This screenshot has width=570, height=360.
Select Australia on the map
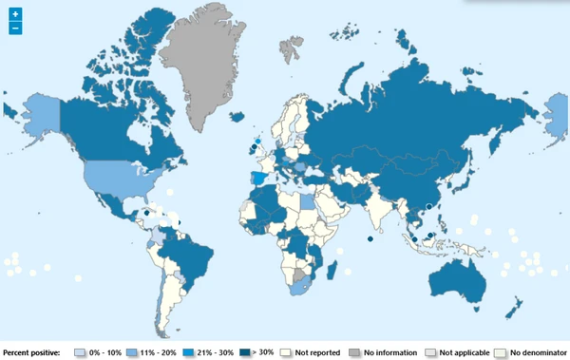tap(460, 275)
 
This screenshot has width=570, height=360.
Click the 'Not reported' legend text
tap(315, 352)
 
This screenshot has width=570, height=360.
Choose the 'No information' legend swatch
tap(353, 352)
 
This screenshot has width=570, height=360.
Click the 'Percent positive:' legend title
tap(31, 352)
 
